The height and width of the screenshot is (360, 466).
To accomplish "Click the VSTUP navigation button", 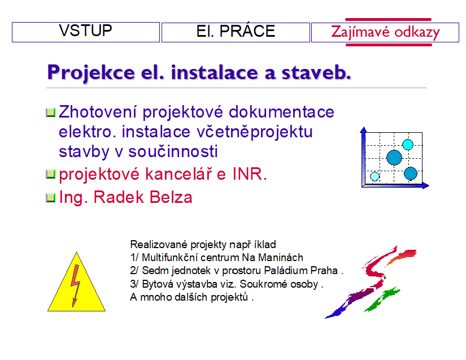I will [86, 32].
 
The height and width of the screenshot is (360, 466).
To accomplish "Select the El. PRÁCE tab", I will [236, 32].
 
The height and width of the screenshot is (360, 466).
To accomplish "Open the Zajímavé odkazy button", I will [385, 32].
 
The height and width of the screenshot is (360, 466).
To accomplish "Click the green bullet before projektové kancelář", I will [50, 175].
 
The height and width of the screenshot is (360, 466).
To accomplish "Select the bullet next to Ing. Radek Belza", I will [50, 198].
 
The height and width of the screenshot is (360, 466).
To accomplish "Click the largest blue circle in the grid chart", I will [394, 158].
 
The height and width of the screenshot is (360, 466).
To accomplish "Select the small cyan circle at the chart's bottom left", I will [374, 176].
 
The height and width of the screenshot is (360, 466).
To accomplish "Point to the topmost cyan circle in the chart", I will [408, 144].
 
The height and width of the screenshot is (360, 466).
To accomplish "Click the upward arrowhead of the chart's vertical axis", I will [364, 131].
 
